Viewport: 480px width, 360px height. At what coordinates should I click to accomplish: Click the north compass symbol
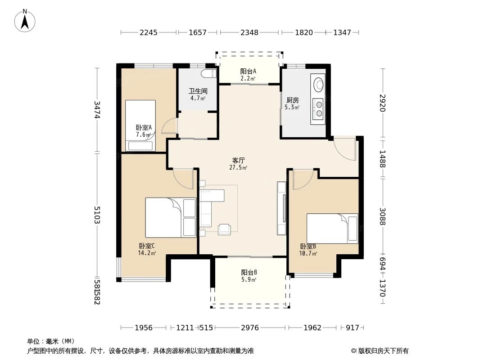tap(26, 20)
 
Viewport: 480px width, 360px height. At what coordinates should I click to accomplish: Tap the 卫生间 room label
tap(197, 91)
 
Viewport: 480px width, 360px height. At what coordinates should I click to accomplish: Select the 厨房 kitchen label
tap(292, 100)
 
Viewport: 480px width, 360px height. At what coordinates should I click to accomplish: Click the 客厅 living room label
tap(239, 160)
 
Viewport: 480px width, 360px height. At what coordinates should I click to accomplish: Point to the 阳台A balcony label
tap(248, 71)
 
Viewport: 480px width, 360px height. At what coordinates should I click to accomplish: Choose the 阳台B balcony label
tap(249, 272)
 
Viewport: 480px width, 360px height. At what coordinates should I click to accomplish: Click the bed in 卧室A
tap(140, 125)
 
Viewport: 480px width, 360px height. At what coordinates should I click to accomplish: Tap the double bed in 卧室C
tap(171, 217)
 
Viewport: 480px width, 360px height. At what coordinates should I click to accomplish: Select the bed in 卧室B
tap(332, 228)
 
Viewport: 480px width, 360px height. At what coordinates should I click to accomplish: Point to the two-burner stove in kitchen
tap(319, 108)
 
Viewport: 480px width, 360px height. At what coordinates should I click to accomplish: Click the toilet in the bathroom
tap(209, 74)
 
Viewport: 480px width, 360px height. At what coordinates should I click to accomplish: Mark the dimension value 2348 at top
tap(249, 32)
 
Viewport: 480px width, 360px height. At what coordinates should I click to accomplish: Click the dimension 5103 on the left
tap(97, 215)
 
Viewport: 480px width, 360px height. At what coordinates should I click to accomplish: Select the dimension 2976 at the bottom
tap(249, 328)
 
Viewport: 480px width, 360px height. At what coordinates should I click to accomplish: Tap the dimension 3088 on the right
tap(382, 217)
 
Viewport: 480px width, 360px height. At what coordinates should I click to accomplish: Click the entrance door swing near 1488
tap(346, 149)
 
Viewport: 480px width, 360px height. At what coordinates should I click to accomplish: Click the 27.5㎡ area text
tap(238, 168)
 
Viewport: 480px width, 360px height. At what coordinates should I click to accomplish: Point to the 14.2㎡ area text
tap(147, 253)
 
